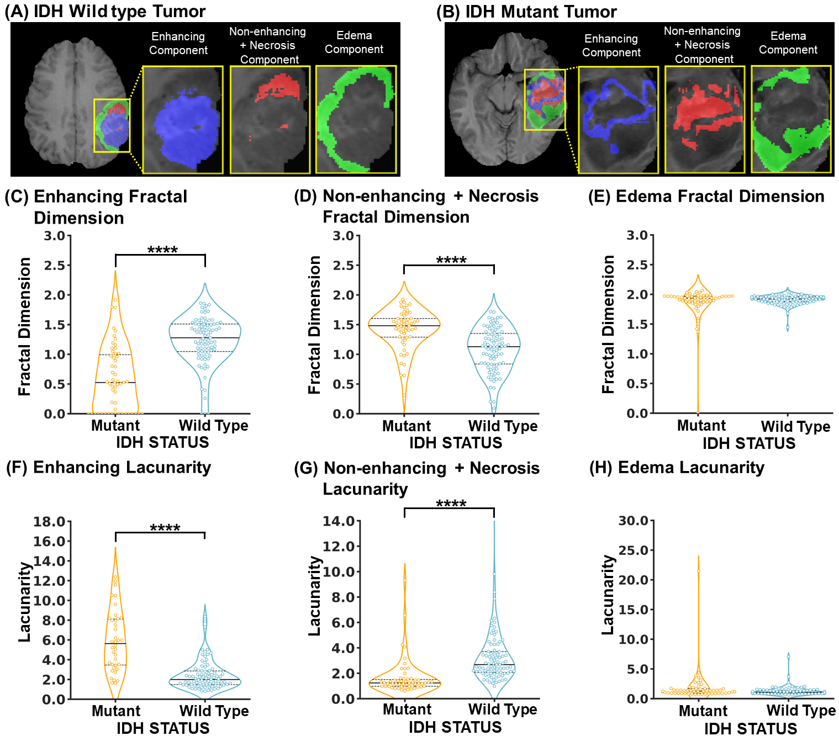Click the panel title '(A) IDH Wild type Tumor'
[105, 11]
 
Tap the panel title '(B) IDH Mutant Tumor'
[526, 12]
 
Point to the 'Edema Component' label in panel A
[353, 42]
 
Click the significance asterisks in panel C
[162, 250]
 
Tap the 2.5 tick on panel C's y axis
[55, 266]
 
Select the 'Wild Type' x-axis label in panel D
[503, 426]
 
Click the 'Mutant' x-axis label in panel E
[701, 426]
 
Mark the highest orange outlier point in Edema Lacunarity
[698, 571]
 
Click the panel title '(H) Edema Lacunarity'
[677, 467]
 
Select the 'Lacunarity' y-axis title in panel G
[315, 596]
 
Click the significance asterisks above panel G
[451, 504]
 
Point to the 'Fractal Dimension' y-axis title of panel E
[608, 324]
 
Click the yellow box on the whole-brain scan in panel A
[112, 125]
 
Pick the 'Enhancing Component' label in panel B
[611, 45]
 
